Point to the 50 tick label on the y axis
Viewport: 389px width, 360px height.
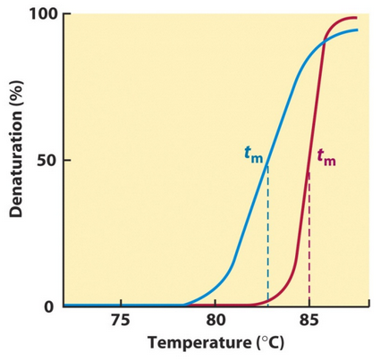pyautogui.click(x=42, y=161)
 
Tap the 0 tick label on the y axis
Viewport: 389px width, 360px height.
pyautogui.click(x=47, y=306)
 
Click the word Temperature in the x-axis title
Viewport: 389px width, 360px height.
pyautogui.click(x=190, y=343)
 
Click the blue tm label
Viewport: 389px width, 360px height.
pyautogui.click(x=254, y=153)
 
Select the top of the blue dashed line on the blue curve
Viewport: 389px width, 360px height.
pyautogui.click(x=267, y=163)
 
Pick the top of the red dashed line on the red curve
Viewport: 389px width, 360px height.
pyautogui.click(x=309, y=172)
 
